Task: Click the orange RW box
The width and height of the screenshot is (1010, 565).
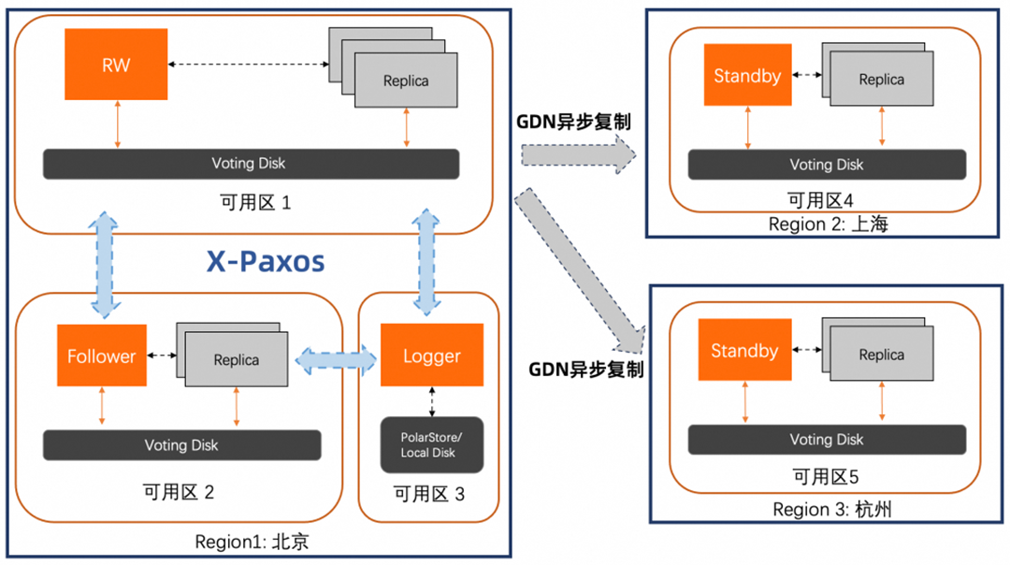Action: coord(116,64)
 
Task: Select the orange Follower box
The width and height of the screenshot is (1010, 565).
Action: coord(102,355)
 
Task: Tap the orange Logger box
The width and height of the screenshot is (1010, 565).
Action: coord(432,355)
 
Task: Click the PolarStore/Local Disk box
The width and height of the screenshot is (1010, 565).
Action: coord(431,444)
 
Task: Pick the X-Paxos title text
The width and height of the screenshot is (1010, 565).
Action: coord(266,261)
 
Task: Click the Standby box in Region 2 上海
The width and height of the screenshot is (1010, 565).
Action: coord(746,76)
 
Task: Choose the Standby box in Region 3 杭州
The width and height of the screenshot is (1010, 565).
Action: coord(744,351)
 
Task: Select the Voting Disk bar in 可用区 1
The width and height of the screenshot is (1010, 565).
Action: coord(251,164)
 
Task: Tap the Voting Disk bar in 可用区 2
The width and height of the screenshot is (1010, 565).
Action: coord(181,445)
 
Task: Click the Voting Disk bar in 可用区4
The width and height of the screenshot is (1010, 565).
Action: coord(827,165)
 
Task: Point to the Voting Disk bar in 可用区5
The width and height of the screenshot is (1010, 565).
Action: coord(827,440)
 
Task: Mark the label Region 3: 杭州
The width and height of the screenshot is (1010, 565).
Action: coord(826,509)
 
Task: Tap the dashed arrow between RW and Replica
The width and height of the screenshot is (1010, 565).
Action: coord(248,64)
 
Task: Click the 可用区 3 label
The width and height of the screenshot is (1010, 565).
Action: coord(428,494)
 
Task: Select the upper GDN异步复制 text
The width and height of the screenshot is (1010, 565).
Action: coord(573,122)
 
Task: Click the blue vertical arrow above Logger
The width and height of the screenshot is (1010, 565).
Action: coord(430,262)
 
